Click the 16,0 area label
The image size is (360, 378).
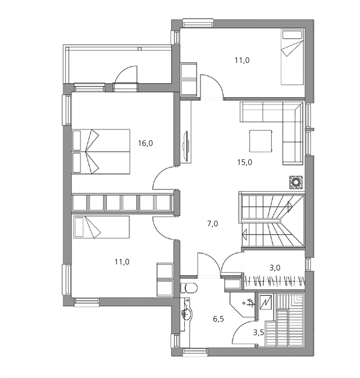pos(145,143)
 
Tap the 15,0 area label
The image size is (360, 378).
pos(244,162)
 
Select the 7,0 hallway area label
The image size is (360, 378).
pos(212,224)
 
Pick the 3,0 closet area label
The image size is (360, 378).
pos(275,267)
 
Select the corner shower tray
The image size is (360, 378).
pos(242,304)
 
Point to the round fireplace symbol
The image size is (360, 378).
pos(296,182)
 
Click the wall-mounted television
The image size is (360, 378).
pos(186,145)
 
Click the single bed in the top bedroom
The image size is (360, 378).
pos(292,57)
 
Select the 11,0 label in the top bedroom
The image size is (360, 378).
pos(242,60)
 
